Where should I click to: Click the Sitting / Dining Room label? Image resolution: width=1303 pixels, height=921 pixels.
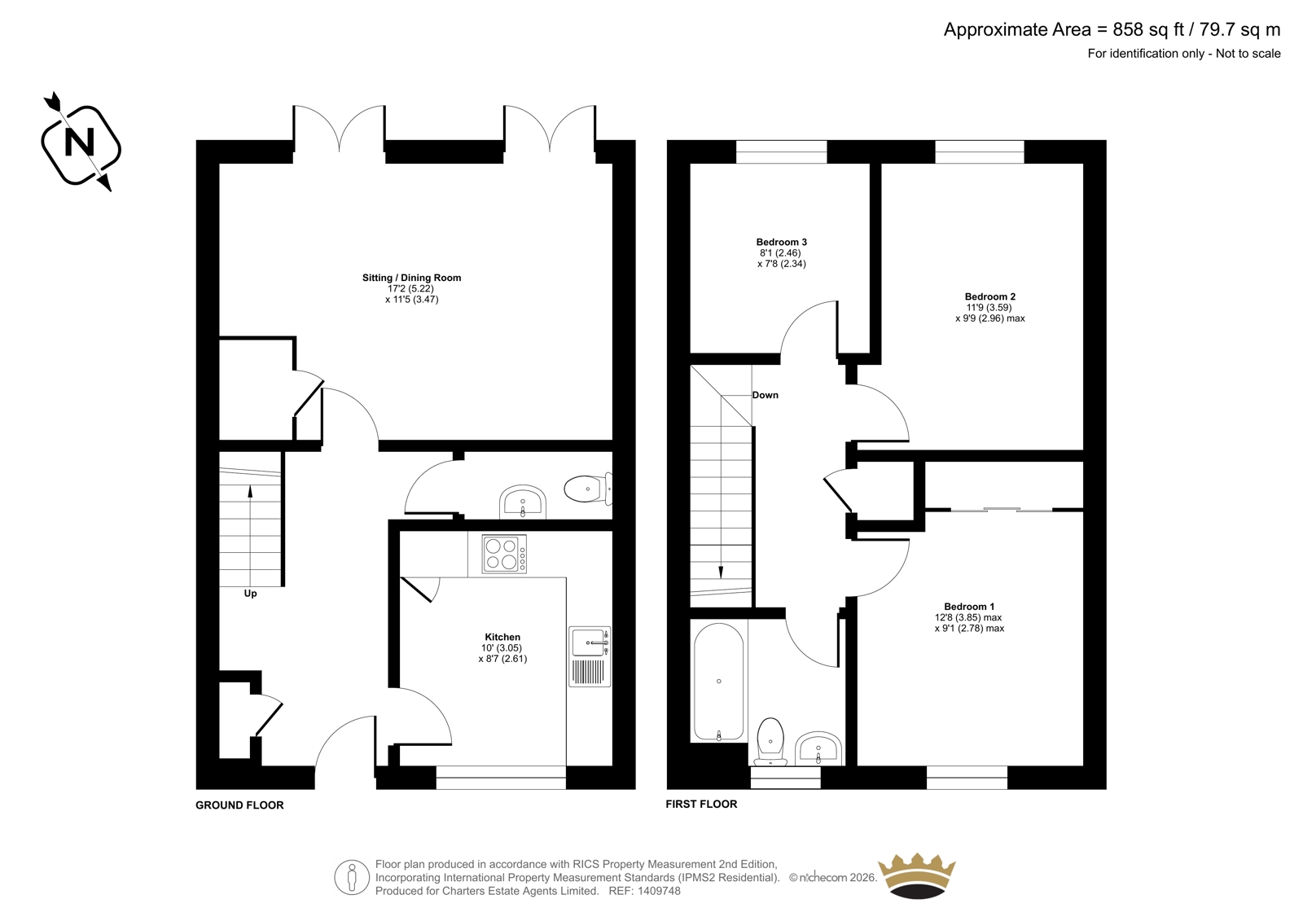point(411,278)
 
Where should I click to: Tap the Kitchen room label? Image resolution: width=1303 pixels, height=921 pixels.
point(502,637)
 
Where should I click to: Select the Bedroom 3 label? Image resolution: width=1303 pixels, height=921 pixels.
point(781,242)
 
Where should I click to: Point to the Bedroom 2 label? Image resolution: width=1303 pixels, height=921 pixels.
point(990,296)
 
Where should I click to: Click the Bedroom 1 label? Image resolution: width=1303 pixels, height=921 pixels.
point(969,607)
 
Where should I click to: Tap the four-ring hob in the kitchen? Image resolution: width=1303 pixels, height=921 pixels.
point(504,554)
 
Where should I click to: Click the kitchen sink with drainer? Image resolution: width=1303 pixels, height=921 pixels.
point(590,657)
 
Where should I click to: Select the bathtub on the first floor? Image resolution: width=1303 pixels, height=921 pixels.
point(718,682)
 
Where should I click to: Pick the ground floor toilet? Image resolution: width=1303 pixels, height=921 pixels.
point(588,489)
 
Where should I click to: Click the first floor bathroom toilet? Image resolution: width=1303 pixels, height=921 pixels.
point(770,742)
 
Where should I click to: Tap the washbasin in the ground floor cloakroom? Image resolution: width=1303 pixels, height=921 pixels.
point(522,502)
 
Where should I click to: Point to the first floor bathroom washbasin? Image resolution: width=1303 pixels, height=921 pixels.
point(818,748)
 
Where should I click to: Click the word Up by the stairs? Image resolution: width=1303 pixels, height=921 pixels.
point(250,594)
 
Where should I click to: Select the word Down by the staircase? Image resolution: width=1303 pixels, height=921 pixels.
point(765,395)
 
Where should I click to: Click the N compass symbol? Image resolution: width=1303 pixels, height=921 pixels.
point(81,143)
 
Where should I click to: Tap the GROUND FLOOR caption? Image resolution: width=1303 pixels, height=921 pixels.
point(239,805)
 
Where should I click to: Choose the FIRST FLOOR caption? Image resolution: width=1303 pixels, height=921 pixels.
point(701,804)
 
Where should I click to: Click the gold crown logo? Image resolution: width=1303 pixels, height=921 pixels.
point(917,875)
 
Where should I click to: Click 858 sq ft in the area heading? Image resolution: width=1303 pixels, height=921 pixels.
point(1149,29)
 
